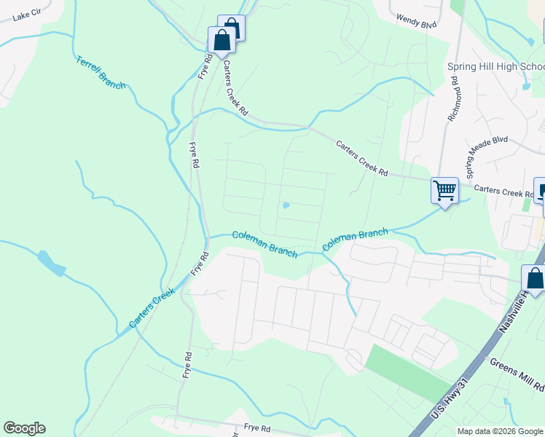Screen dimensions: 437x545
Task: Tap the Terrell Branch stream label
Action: (101, 73)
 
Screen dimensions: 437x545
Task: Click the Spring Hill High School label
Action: (495, 66)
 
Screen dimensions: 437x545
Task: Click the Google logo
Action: (24, 428)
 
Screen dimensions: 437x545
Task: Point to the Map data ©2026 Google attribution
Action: (500, 431)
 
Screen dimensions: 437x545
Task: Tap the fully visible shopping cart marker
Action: (444, 191)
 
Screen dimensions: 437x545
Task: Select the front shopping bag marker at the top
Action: (221, 41)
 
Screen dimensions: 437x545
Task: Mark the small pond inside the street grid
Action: (286, 205)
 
